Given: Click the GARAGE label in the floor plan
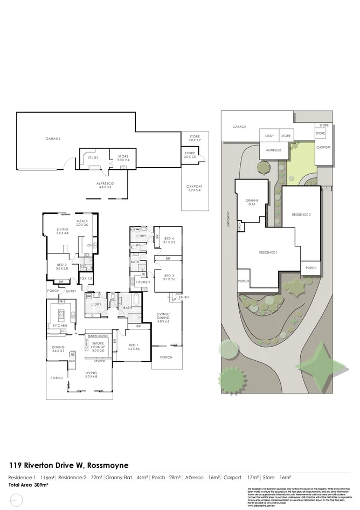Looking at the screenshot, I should click(x=53, y=139).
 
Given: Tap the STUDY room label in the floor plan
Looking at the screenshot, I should click(x=93, y=157).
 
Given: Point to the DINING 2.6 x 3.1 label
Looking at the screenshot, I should click(x=58, y=349).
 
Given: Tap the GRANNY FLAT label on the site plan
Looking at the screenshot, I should click(x=252, y=203).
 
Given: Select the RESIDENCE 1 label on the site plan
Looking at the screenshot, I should click(x=268, y=252).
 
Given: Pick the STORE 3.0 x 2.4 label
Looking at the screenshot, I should click(x=123, y=158).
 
